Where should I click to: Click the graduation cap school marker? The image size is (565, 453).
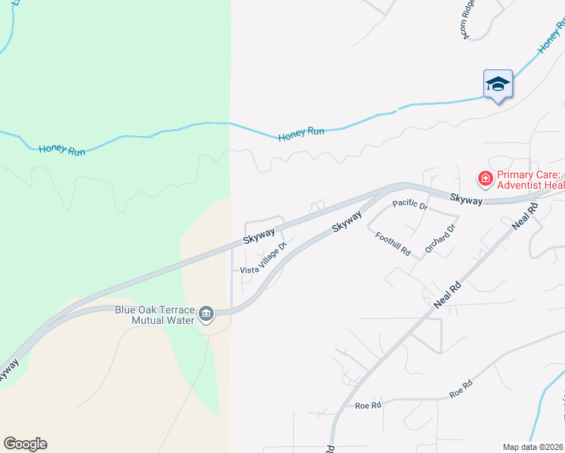(x=498, y=84)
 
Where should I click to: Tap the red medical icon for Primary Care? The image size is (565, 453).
(x=484, y=179)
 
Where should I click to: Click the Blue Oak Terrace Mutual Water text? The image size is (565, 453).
(x=155, y=314)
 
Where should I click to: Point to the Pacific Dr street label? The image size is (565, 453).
(x=410, y=205)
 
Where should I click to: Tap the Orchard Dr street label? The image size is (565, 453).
(x=440, y=239)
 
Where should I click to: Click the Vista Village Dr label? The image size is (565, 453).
(x=264, y=258)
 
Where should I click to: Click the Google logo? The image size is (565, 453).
(x=25, y=444)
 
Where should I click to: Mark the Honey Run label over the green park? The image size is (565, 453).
(x=62, y=149)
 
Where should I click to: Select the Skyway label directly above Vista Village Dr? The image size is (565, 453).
(x=258, y=236)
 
